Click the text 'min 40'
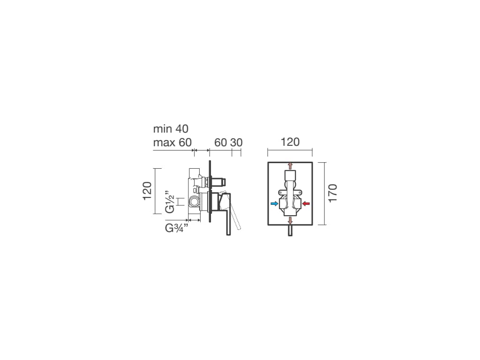pyautogui.click(x=171, y=129)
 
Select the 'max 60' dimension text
pyautogui.click(x=172, y=142)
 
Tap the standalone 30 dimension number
pyautogui.click(x=236, y=142)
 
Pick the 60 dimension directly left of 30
pyautogui.click(x=220, y=142)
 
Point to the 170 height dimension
pyautogui.click(x=332, y=193)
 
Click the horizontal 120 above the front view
pyautogui.click(x=290, y=142)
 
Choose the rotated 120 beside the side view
pyautogui.click(x=147, y=191)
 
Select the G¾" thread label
pyautogui.click(x=176, y=228)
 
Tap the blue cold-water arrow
pyautogui.click(x=275, y=203)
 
